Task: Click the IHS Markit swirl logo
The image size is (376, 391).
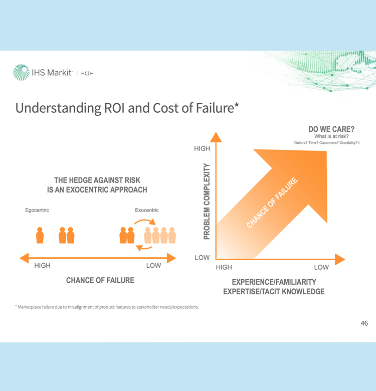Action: click(x=21, y=72)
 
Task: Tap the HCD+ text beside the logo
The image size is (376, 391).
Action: click(x=87, y=73)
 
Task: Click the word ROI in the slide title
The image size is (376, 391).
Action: click(x=114, y=108)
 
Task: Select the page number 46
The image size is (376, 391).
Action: click(x=364, y=323)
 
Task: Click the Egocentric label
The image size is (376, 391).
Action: click(x=37, y=210)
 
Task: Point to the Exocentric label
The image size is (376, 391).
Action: click(x=147, y=210)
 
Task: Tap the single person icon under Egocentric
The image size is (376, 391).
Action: click(x=40, y=235)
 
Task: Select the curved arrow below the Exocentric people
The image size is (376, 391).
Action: click(x=144, y=248)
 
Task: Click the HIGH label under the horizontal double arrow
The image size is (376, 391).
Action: click(x=43, y=266)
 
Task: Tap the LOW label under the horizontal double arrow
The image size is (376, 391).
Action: click(x=153, y=266)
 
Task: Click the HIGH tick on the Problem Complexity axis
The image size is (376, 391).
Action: click(x=202, y=148)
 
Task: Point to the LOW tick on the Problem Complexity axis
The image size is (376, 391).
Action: click(x=202, y=258)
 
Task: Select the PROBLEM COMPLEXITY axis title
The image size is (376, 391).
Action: click(x=207, y=202)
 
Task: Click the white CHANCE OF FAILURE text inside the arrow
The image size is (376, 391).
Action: click(x=272, y=203)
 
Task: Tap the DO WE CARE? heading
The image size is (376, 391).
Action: click(x=331, y=129)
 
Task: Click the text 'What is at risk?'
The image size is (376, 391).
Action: click(x=331, y=136)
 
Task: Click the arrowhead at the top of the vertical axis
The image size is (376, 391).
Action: click(x=216, y=137)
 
